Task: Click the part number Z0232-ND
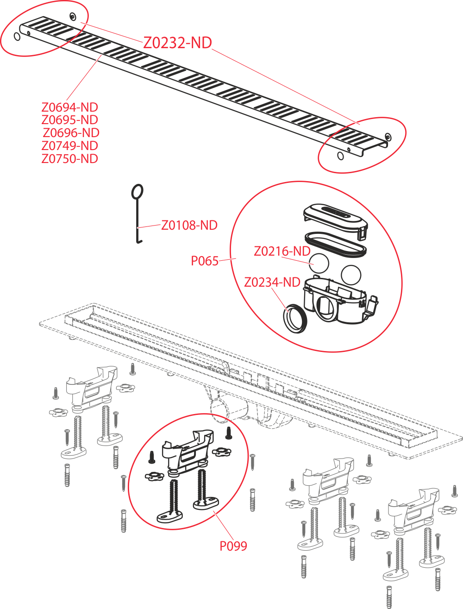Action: pyautogui.click(x=177, y=43)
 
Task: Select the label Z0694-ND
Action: pyautogui.click(x=69, y=107)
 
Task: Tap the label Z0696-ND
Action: pyautogui.click(x=71, y=133)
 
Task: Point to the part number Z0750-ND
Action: pyautogui.click(x=69, y=159)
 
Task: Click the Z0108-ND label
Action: pyautogui.click(x=189, y=225)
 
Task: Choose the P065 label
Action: pyautogui.click(x=205, y=261)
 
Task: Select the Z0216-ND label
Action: pyautogui.click(x=282, y=251)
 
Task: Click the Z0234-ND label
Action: pyautogui.click(x=272, y=283)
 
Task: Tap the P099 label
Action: pyautogui.click(x=233, y=546)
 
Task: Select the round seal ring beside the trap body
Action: pyautogui.click(x=294, y=319)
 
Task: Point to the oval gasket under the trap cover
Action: pyautogui.click(x=336, y=245)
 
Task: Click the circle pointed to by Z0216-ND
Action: pyautogui.click(x=319, y=263)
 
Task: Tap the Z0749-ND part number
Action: pyautogui.click(x=69, y=146)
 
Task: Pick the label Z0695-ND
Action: pyautogui.click(x=69, y=120)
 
